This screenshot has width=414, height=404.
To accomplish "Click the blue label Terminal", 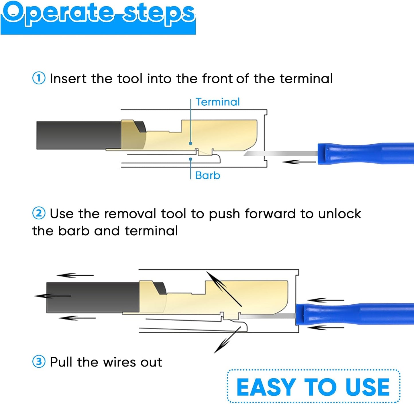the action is pos(218,102).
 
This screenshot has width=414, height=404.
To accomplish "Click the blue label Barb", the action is pos(208,176).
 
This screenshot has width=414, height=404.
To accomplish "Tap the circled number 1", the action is pos(39,78).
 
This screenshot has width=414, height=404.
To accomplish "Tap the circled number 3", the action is pos(39,361).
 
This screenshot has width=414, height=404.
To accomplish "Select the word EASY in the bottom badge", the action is pos(266,387).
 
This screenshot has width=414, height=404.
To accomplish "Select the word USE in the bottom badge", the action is pos(367,387).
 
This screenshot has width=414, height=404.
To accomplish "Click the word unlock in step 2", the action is pos(340,214).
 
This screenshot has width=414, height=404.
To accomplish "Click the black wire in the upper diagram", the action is pos(79,135).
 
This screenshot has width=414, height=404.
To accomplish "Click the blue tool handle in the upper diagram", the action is pos(366,153).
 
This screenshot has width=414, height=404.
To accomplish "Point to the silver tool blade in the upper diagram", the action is pos(280,153).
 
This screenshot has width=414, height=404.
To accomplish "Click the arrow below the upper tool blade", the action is pos(299,162).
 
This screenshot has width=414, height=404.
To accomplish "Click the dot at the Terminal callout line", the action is pos(191,143).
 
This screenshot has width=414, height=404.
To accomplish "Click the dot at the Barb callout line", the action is pos(191,159).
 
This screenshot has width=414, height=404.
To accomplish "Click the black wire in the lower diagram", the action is pos(93,297).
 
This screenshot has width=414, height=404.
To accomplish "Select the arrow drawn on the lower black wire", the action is pos(52,296).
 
